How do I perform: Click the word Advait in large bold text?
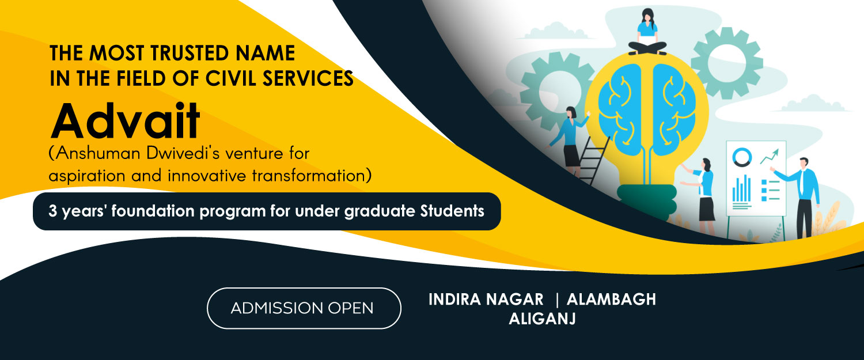tap(126, 120)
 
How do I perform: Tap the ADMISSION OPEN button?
tap(304, 308)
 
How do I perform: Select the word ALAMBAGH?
tap(611, 300)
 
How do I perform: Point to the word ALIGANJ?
tap(542, 319)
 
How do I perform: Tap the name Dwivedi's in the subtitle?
tap(183, 153)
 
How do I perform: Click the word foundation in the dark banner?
tap(153, 211)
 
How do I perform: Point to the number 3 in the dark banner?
tap(52, 211)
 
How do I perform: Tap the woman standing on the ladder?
tap(570, 141)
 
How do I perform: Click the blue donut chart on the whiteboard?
tap(742, 157)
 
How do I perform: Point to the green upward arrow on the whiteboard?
tap(770, 156)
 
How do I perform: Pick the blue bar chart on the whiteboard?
tap(741, 188)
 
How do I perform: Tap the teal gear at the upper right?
tap(727, 63)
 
